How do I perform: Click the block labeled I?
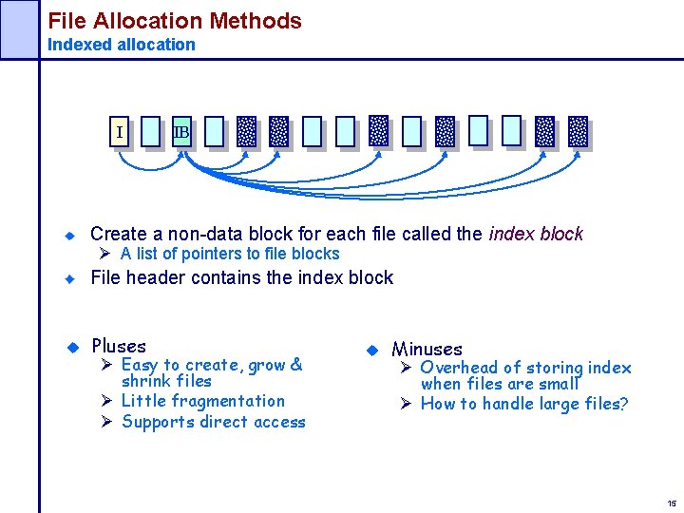tap(119, 132)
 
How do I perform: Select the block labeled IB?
tap(181, 132)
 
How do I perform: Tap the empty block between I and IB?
tap(150, 132)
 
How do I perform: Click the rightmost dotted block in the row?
tap(578, 132)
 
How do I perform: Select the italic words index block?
tap(536, 234)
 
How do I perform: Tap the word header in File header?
tap(160, 277)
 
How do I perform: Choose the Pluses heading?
tap(119, 346)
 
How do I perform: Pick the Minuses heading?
tap(427, 349)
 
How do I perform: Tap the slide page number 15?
tap(672, 503)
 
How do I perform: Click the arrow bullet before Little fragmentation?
tap(108, 401)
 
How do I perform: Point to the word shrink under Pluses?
tap(146, 381)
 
